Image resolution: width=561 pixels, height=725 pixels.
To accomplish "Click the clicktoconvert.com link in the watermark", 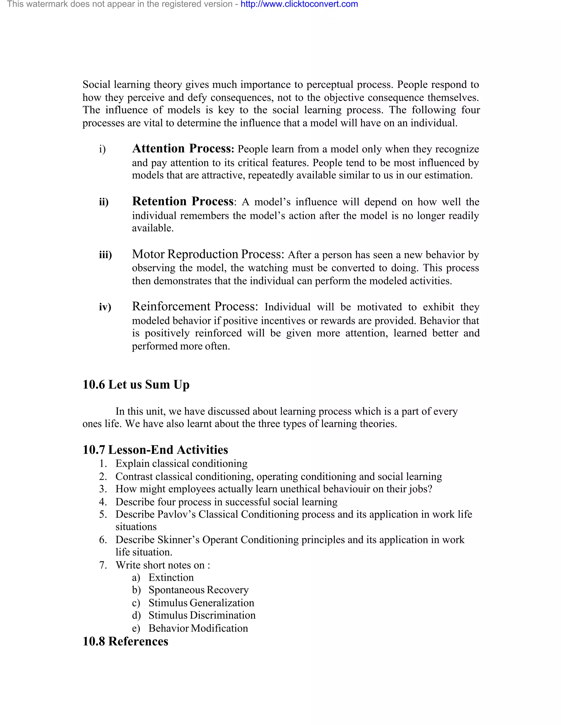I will [299, 4].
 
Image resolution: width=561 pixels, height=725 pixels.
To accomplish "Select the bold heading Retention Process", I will [183, 201].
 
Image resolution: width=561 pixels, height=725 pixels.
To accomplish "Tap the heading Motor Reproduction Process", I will [208, 254].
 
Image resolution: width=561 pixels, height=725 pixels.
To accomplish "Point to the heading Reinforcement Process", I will [195, 306].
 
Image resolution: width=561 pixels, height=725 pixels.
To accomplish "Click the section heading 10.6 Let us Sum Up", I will [136, 384].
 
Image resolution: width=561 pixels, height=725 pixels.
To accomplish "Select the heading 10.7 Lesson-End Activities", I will [155, 449].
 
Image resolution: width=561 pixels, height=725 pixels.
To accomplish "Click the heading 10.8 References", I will [125, 641].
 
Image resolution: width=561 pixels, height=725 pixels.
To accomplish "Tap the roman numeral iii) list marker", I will [105, 255].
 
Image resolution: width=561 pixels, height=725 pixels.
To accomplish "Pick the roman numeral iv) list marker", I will [105, 307].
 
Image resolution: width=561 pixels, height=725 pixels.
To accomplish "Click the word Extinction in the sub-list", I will [171, 577].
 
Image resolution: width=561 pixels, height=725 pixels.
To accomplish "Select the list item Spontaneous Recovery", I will [198, 590].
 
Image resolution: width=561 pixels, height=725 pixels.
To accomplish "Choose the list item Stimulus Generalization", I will [201, 602].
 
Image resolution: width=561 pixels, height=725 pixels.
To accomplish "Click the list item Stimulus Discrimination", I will [202, 615].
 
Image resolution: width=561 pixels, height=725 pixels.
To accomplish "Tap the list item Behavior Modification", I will [198, 628].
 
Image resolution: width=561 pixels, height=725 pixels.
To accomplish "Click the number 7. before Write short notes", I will [103, 565].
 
